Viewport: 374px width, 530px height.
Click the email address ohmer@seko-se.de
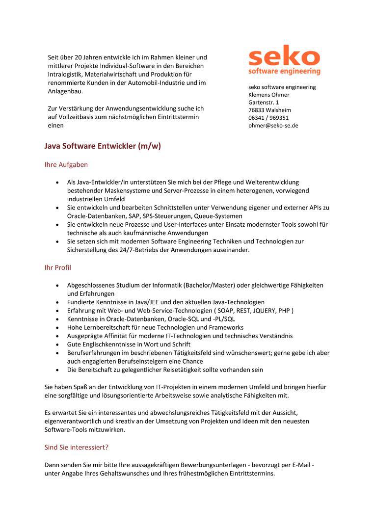(273, 126)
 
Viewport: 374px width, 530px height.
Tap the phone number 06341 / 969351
(268, 118)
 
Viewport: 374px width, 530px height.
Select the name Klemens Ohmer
(268, 95)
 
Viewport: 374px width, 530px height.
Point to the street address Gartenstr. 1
(264, 103)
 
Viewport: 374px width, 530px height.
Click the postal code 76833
(256, 110)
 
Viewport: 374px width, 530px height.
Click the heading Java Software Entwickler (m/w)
(103, 146)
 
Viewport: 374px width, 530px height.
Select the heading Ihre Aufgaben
(66, 165)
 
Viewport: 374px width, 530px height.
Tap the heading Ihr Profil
(58, 268)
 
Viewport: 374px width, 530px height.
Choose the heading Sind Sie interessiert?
(77, 448)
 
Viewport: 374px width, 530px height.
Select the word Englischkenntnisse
(107, 344)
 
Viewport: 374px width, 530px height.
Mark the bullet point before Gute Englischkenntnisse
(58, 344)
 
